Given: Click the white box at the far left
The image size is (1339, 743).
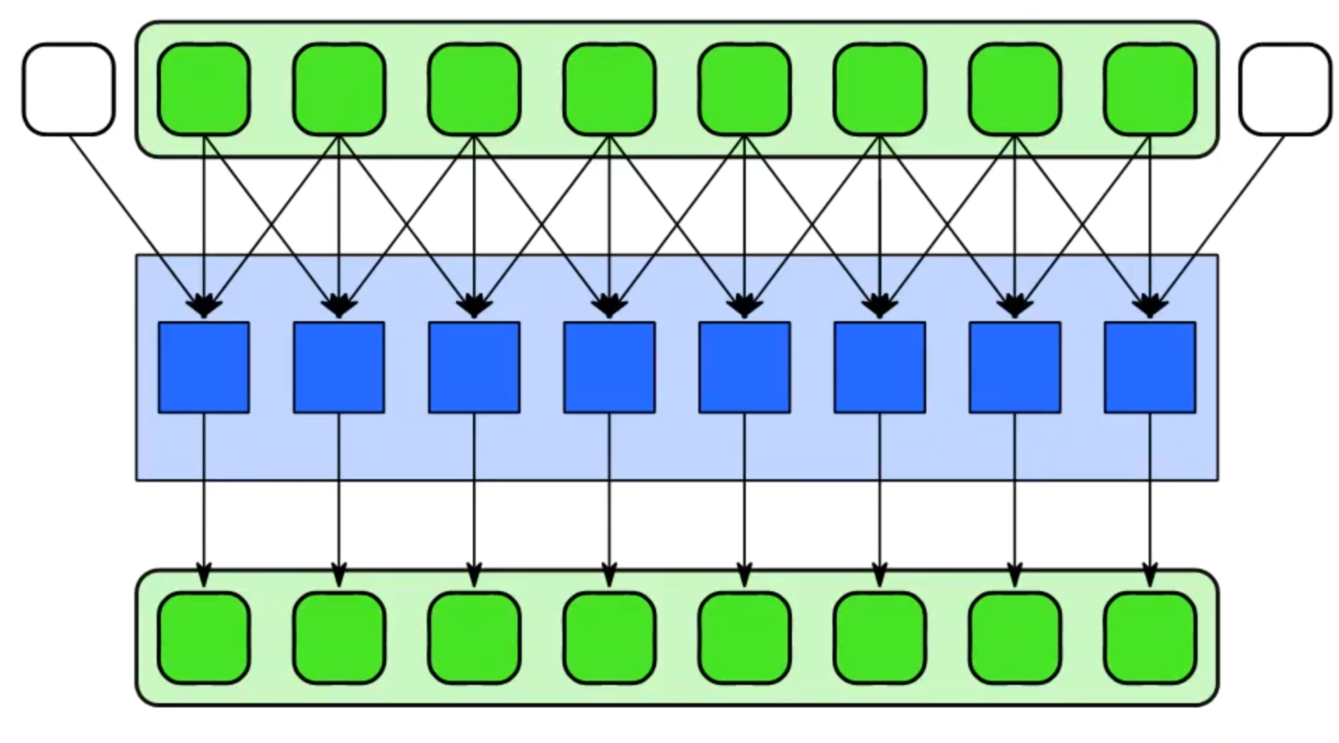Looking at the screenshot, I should point(69,90).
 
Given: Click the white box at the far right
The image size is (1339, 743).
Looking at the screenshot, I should point(1285,90).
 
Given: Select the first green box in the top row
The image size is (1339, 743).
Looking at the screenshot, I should point(204,90).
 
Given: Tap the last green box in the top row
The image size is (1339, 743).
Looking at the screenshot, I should point(1150,90).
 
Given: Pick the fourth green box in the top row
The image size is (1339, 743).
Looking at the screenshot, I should point(609,90).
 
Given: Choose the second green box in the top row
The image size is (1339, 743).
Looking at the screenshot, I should point(339,90).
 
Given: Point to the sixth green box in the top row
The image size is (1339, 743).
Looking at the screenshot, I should point(879,90).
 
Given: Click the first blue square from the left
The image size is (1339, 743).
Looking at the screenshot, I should point(204,367).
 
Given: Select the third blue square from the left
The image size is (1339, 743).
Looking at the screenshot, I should point(474,367).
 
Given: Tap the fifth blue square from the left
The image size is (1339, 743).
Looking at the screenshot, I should point(744,367).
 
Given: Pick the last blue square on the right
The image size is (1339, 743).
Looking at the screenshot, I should point(1150,367).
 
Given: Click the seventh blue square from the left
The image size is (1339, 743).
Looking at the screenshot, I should point(1015,367).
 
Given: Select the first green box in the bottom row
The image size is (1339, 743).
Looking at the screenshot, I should point(204,638).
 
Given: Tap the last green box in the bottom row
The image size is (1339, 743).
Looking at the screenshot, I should point(1150,638).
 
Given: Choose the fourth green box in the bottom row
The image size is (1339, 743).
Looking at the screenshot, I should point(609,638).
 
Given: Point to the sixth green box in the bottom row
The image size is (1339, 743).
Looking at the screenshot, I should point(879,638).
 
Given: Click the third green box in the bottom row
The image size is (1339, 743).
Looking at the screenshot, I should point(474,638).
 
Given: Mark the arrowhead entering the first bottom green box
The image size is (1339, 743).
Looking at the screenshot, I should point(204,575).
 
